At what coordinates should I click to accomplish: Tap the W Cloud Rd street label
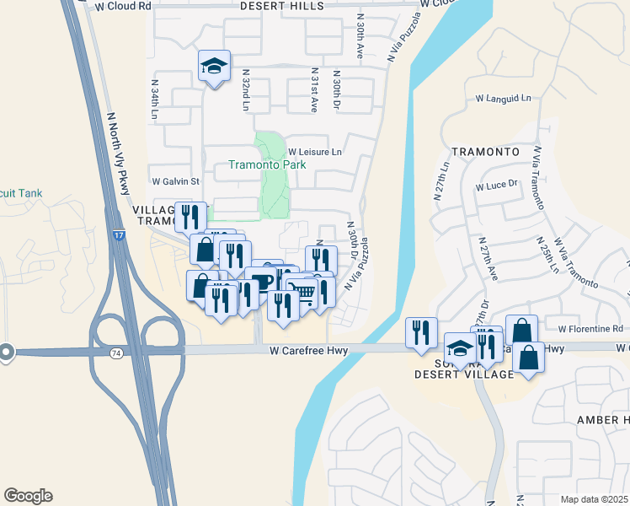(123, 5)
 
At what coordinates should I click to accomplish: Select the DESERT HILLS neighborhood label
(282, 5)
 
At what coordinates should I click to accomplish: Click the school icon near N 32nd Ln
(215, 67)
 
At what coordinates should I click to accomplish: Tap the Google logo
(28, 496)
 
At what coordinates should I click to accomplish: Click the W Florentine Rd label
(590, 328)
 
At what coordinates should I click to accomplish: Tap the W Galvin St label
(174, 181)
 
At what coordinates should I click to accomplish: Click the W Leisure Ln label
(315, 152)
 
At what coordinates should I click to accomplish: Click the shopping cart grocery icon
(304, 292)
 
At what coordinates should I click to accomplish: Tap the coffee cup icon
(261, 280)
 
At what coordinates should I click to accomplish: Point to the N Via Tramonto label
(536, 179)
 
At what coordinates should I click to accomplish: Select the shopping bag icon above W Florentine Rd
(521, 330)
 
